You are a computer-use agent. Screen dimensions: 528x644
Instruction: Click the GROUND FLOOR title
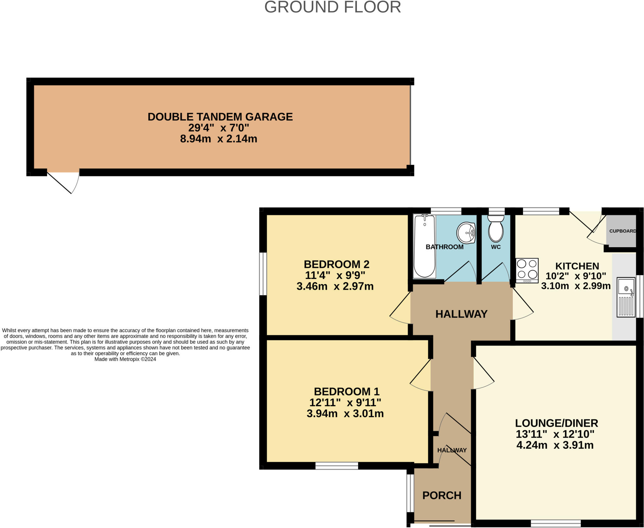click(x=332, y=7)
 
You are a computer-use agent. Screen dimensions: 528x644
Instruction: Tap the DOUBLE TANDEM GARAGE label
click(x=220, y=117)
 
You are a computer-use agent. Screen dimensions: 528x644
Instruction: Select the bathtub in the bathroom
click(x=425, y=247)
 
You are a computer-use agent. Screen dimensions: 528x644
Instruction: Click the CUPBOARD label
click(x=622, y=231)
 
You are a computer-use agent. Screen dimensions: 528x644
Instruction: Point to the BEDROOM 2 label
click(x=336, y=264)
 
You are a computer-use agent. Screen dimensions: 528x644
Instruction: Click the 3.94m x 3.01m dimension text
click(x=345, y=414)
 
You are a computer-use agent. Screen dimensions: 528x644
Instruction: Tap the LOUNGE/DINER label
click(x=556, y=423)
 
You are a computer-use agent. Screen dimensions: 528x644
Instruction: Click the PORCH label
click(x=441, y=495)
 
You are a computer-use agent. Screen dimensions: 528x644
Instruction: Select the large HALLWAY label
click(x=461, y=314)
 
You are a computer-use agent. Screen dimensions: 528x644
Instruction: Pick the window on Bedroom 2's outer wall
click(x=263, y=274)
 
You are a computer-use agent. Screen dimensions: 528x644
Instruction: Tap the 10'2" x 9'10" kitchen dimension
click(x=575, y=276)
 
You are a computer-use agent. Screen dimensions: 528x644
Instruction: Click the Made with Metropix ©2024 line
click(x=125, y=359)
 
